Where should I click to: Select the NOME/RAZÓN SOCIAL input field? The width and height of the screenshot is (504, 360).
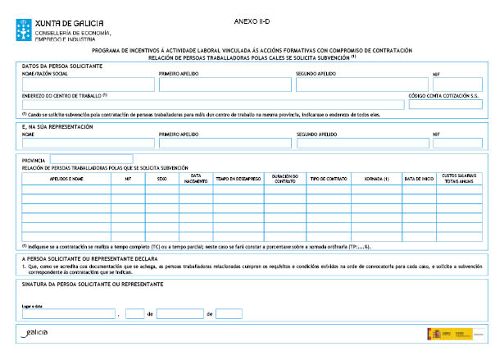[88, 84]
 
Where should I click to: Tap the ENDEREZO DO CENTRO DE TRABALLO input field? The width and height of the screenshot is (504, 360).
[213, 104]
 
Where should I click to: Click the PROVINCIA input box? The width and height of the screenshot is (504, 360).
[91, 159]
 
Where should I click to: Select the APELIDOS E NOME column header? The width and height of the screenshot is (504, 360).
[66, 177]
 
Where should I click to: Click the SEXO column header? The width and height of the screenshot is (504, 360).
[162, 177]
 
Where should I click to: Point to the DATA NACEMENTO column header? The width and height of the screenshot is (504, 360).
[195, 177]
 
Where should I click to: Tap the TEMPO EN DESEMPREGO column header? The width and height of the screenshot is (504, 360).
[238, 177]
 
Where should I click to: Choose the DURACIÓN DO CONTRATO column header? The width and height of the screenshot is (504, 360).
[284, 177]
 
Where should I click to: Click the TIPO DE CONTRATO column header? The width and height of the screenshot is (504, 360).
[328, 177]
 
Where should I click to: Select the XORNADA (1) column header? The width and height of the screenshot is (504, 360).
[375, 177]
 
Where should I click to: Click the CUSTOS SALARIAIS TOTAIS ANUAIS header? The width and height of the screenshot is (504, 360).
[458, 177]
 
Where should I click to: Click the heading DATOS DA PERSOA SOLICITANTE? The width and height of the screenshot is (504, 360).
[62, 65]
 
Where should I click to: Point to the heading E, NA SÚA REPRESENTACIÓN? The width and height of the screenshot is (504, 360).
[57, 126]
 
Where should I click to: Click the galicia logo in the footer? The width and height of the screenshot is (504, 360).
[36, 332]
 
